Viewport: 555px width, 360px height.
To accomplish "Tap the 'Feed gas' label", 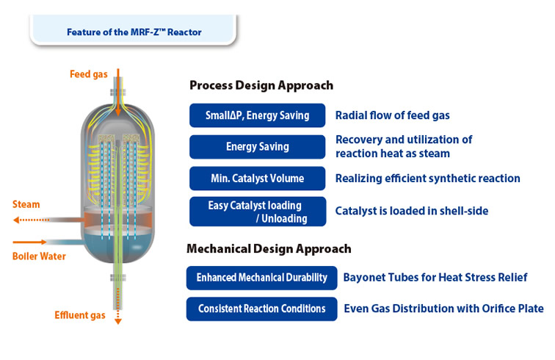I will point(90,74).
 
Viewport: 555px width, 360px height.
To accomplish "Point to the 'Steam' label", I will point(26,204).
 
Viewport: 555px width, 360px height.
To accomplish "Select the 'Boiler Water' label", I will point(39,256).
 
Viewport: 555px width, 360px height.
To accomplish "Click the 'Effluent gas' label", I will point(79,315).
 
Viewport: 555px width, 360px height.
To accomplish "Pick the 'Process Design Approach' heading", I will point(261,85).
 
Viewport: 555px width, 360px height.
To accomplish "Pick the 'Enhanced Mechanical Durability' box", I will point(262,278).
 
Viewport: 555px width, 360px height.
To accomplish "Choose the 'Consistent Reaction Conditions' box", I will point(262,309).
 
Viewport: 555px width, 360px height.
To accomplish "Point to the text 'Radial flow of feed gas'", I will point(392,115).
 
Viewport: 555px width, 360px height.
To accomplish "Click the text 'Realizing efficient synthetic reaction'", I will point(427,179).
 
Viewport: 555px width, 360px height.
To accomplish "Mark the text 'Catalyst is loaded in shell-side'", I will point(411,212).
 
